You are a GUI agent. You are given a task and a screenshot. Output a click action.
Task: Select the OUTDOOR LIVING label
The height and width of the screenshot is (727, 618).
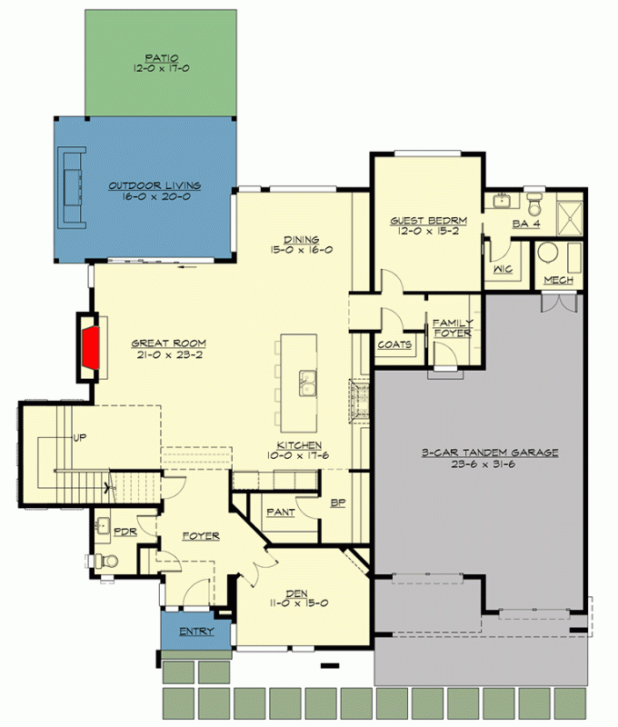(154, 186)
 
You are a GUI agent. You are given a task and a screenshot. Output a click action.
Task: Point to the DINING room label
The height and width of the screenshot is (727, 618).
(301, 239)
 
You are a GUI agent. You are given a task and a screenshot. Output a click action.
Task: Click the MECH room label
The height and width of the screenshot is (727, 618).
(558, 280)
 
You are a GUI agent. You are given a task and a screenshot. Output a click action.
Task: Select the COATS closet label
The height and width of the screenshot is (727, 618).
(395, 344)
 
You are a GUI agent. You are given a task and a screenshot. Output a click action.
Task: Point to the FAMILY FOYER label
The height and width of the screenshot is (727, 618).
(452, 328)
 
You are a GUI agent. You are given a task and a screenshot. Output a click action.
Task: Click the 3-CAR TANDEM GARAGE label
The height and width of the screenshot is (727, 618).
(489, 452)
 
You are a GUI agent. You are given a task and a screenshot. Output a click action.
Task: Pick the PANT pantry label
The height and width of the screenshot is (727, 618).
(280, 513)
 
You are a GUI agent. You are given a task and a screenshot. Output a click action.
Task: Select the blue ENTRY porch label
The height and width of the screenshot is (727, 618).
(196, 632)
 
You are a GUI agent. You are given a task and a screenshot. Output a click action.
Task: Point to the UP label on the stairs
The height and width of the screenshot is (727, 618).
(81, 438)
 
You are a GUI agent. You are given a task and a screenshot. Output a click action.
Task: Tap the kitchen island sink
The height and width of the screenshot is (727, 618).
(308, 383)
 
